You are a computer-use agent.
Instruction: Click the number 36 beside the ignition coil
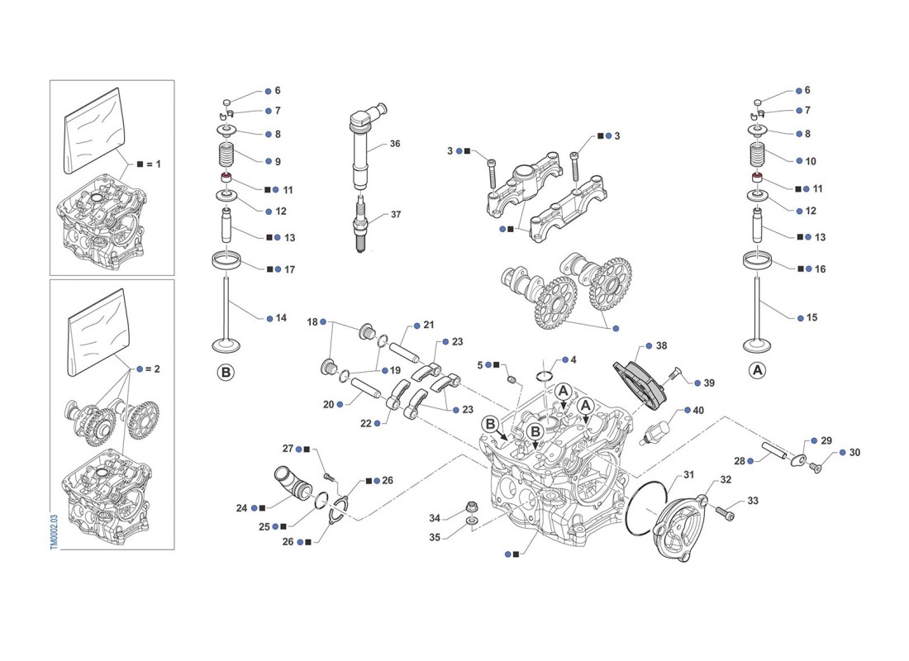tap(395, 144)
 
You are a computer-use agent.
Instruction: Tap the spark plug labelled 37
tap(361, 227)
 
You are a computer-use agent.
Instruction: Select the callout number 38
tap(661, 347)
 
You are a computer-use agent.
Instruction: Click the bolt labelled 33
tap(724, 513)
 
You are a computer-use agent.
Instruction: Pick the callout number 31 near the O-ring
tap(689, 475)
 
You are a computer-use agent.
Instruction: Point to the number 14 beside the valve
tap(281, 317)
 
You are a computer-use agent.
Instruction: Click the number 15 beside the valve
tap(811, 317)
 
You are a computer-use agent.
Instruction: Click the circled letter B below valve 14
tap(226, 373)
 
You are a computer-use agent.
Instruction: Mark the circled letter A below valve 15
tap(757, 372)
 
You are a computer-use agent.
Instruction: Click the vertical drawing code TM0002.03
tap(54, 528)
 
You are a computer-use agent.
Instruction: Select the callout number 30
tap(854, 453)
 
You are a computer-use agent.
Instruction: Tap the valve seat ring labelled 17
tap(227, 263)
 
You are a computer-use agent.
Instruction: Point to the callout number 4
tap(573, 360)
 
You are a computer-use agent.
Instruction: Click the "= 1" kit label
tap(155, 164)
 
